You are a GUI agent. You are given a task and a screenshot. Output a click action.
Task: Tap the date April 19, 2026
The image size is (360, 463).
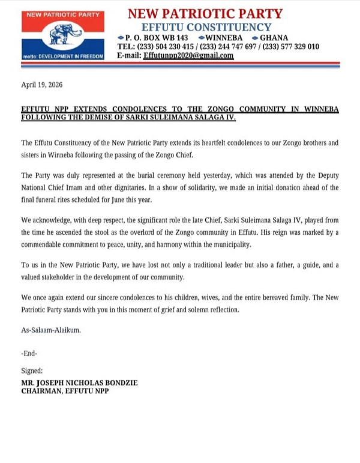coord(41,85)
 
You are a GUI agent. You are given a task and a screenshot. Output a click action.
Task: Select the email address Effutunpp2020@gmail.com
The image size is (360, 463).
coord(188,55)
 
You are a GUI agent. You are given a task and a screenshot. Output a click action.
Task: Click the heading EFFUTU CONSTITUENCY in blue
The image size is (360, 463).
coord(206,27)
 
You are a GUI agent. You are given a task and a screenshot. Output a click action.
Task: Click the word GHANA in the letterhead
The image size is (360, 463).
coord(274,37)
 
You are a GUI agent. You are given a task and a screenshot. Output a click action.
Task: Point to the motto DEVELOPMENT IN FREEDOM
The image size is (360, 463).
coord(63,56)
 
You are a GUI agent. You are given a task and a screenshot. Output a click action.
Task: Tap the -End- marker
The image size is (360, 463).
coord(29,354)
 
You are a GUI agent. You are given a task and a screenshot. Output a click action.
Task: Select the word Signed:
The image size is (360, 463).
coord(32,371)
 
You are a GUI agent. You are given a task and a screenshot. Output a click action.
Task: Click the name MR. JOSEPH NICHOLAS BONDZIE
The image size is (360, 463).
coord(81,383)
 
